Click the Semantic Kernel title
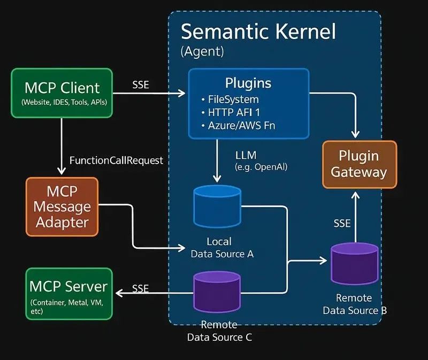tap(258, 32)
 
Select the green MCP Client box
tap(62, 93)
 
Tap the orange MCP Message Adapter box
tap(62, 206)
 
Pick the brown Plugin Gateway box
tap(359, 164)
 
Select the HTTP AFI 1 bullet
tap(233, 112)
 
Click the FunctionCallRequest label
tap(116, 160)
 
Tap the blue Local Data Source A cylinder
tap(216, 206)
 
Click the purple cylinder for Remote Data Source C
tap(217, 291)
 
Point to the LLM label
tap(246, 155)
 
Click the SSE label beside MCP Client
tap(141, 85)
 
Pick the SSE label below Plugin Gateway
tap(342, 223)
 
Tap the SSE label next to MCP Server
tap(140, 288)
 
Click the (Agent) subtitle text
tap(202, 52)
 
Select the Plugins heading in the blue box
tap(248, 83)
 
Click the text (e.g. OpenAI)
tap(261, 167)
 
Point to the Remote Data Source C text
tap(219, 331)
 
